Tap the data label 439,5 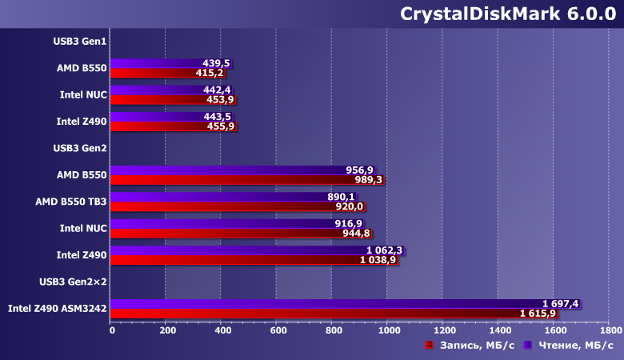tap(216, 63)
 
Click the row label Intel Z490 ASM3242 tap(57, 308)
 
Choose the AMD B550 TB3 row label tap(71, 202)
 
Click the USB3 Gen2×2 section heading tap(74, 282)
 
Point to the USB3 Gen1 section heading tap(80, 41)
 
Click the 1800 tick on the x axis tap(609, 330)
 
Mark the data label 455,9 tap(220, 126)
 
